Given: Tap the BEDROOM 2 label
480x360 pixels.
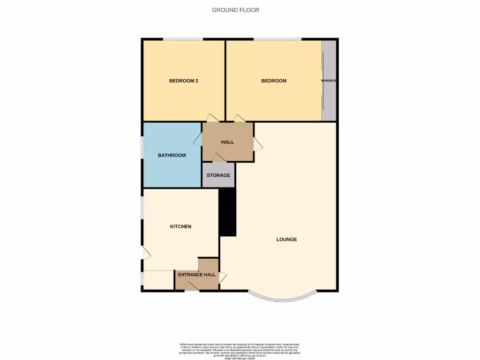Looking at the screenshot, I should coord(184,81).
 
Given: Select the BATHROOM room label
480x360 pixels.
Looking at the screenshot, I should coord(172,155).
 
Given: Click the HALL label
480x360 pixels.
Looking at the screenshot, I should coord(227,142).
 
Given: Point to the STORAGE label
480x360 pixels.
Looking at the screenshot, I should coord(218,175).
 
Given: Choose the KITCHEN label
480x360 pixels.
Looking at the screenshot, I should coord(180,226).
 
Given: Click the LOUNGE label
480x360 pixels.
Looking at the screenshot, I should coord(286,239).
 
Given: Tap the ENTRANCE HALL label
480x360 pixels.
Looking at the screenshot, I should coord(197,275).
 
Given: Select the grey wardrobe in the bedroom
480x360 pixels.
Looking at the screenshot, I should coord(330,81).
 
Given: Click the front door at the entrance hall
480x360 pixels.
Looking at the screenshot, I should coord(192,286).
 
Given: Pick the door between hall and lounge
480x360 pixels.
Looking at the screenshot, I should coord(258,144).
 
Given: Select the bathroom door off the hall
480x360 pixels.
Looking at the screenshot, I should coord(197,141).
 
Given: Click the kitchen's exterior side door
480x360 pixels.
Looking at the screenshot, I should coord(146,253).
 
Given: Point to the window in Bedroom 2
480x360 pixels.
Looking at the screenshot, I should coord(183,39).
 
